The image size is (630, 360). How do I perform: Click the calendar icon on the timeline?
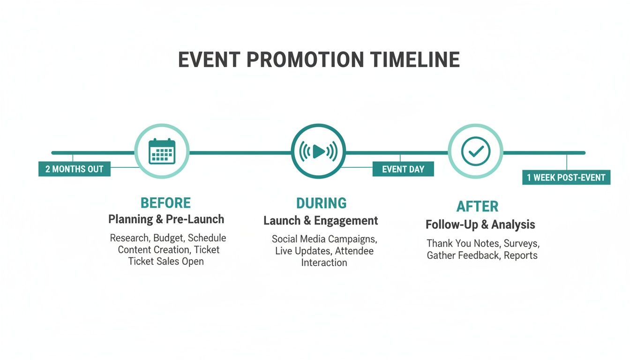pos(162,151)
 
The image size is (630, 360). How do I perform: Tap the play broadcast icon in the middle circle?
pos(318,151)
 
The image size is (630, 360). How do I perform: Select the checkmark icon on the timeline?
pos(475,151)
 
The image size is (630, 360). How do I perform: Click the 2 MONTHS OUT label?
pos(74,169)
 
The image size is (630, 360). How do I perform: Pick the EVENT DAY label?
pos(403,169)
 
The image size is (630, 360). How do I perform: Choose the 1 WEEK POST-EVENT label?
pos(566,178)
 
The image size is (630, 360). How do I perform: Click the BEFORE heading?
pos(165,203)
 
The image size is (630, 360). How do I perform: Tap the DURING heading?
pos(322,203)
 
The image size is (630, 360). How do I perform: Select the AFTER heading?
pos(477,206)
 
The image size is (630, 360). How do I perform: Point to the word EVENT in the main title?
pos(209,60)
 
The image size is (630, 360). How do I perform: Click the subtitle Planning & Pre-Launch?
pos(166,219)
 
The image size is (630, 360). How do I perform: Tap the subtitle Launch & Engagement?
pos(321,220)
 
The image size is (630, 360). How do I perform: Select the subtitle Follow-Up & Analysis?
pos(480,225)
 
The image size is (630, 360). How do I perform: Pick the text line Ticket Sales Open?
pos(166,262)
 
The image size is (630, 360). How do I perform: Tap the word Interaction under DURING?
pos(324,262)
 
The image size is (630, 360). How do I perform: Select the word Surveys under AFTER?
pos(522,244)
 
